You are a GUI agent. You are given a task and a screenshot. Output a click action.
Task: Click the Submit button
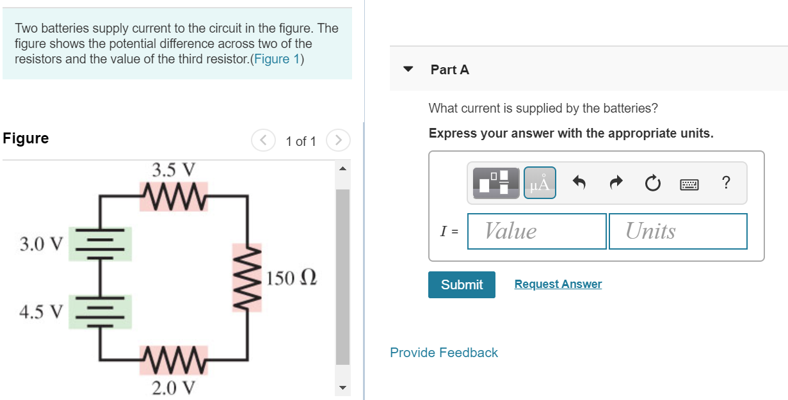point(462,285)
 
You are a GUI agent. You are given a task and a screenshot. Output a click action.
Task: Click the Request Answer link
point(558,284)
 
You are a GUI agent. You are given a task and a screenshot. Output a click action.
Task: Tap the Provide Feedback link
point(444,353)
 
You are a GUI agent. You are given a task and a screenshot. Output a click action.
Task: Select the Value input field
point(536,231)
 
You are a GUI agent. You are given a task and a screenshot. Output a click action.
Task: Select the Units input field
point(678,231)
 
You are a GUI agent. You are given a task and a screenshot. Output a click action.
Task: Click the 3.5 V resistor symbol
point(173,191)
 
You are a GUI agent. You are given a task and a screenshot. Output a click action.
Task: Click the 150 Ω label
point(291,278)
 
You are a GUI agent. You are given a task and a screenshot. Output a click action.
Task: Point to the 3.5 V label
point(173,170)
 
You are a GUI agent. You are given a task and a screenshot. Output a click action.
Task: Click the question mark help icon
point(725,183)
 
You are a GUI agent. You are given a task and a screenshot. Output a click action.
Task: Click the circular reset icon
point(652,184)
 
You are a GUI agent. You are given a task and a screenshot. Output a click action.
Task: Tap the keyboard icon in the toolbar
point(689,184)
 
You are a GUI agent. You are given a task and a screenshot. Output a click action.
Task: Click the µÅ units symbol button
point(540,183)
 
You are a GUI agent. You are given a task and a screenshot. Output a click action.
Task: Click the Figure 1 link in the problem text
point(278,60)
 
